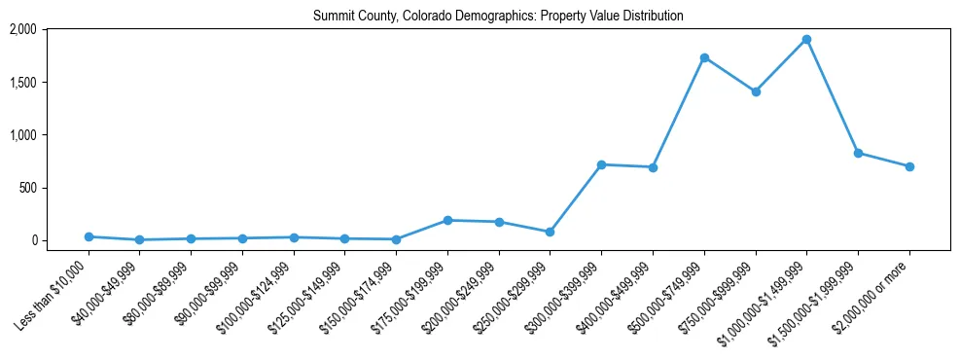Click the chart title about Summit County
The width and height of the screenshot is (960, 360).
(x=498, y=16)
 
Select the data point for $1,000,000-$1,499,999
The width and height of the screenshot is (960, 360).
(x=806, y=40)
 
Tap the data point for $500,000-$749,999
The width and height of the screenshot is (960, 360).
(x=704, y=57)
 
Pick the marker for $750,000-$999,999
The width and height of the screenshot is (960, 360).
(x=756, y=91)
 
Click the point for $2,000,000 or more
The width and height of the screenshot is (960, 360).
(x=909, y=166)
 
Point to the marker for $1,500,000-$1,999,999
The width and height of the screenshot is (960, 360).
(x=858, y=153)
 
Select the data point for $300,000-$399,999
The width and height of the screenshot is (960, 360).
(x=601, y=164)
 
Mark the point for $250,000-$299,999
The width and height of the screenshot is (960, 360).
(x=551, y=232)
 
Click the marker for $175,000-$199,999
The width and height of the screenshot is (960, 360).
(x=447, y=220)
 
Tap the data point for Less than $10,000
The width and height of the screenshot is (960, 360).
(x=89, y=236)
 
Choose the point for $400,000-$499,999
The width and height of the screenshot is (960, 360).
(x=653, y=167)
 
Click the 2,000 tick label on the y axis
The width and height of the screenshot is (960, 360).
(x=51, y=30)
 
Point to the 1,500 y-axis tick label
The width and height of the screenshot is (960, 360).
(x=51, y=83)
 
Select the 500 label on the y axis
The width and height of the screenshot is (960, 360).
(x=54, y=188)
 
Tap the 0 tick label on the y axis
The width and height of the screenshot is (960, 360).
(x=60, y=240)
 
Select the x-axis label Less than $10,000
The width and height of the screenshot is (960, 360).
(x=54, y=293)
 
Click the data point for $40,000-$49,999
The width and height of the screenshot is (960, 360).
(x=140, y=239)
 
